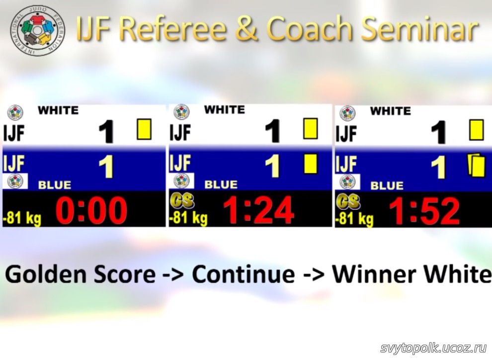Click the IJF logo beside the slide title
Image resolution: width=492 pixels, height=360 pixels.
point(37,30)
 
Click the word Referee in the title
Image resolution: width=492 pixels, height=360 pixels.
point(173,28)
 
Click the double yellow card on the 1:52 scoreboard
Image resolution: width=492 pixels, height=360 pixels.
point(476,165)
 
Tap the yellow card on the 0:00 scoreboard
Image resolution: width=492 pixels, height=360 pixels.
point(144,129)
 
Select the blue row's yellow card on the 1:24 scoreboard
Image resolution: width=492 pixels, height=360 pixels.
point(310,164)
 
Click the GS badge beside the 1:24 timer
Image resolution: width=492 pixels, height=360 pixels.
point(182,201)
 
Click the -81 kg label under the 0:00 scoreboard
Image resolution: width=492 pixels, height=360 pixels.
point(22,217)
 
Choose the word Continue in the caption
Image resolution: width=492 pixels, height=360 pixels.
point(243,274)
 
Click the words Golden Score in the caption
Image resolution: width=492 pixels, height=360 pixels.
point(81,274)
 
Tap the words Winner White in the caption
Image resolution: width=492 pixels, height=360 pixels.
point(411,274)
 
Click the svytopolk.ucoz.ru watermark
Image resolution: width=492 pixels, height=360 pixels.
point(433,348)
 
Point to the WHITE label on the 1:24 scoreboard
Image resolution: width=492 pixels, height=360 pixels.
point(224,109)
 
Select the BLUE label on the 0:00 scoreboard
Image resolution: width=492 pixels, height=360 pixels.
point(55,185)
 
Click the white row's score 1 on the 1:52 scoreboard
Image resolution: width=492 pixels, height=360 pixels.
point(438,132)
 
